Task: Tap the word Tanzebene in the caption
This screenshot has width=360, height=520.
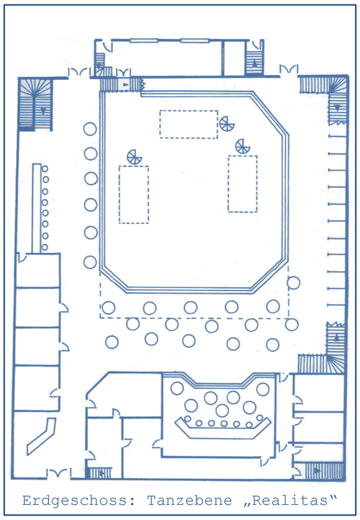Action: [189, 500]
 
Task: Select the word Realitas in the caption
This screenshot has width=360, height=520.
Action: [290, 500]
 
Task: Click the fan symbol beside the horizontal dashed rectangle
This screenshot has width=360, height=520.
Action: [227, 124]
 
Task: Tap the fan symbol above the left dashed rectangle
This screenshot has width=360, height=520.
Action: [134, 157]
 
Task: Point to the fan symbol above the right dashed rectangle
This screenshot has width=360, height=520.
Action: [243, 147]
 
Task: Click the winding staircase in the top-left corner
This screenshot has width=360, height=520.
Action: [35, 104]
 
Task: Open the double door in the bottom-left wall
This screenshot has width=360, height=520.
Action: [58, 473]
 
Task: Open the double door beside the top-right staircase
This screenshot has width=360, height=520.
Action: [289, 69]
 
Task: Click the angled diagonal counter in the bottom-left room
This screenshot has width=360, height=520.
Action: [41, 436]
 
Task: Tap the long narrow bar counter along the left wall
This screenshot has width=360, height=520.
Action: [37, 208]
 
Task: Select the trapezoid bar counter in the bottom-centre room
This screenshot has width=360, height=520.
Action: [222, 428]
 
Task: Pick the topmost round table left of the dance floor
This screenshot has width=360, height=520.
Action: [90, 129]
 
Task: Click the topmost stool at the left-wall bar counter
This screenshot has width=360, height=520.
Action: [45, 169]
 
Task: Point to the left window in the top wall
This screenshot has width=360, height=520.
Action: [143, 41]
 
